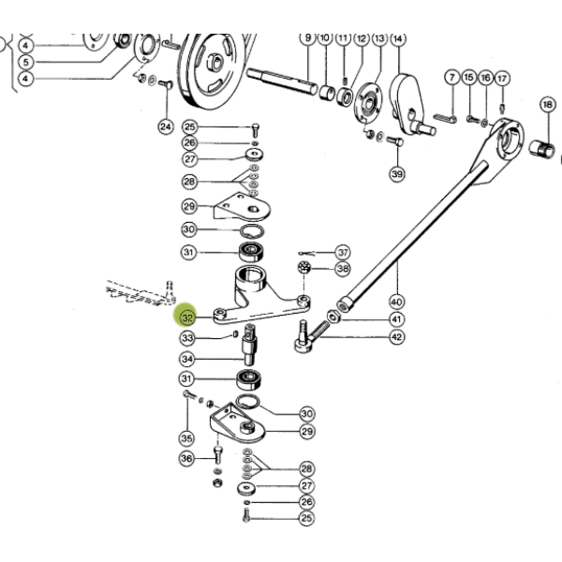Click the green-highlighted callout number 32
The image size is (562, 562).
pos(186,318)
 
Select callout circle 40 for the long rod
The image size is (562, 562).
pos(396,302)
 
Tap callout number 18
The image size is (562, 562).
pos(547,105)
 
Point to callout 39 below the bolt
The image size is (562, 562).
pos(397,174)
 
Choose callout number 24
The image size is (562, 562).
pos(166,126)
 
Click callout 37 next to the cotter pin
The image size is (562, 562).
pos(343,252)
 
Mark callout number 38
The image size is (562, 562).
pos(343,269)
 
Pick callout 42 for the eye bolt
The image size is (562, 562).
pos(397,337)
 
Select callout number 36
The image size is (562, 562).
pos(186,458)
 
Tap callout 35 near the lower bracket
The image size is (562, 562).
pos(186,438)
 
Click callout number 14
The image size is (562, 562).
pos(397,38)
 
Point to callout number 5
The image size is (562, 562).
pos(26,62)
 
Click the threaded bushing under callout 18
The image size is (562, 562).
pos(541,149)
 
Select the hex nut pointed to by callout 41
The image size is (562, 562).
pos(333,317)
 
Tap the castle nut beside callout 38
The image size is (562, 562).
pos(304,267)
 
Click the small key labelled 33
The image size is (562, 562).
pos(235,334)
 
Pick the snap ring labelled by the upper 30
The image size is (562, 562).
pos(252,231)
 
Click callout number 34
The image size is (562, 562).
pos(187,359)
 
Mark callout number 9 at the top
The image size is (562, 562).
pos(308,38)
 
